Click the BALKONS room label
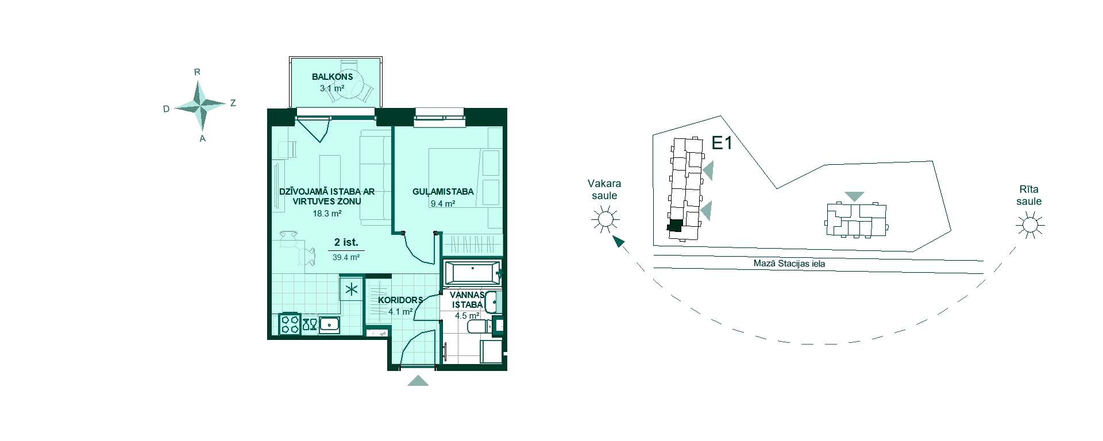332,76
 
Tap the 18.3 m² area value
327,213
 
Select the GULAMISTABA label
443,191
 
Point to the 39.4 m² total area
346,257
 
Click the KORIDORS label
400,300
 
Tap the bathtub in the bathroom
472,272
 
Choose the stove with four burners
290,324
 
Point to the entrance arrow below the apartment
418,380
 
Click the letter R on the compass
197,72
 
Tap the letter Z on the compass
233,103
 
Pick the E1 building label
722,144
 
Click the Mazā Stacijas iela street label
789,264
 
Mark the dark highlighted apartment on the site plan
675,226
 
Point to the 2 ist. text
346,242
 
